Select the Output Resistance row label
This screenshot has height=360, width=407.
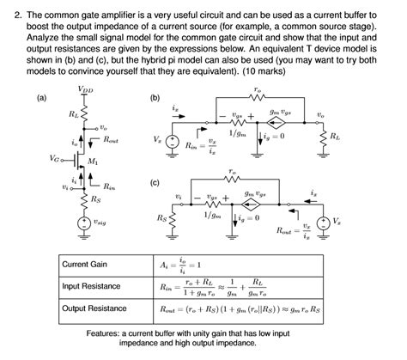(x=94, y=308)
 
